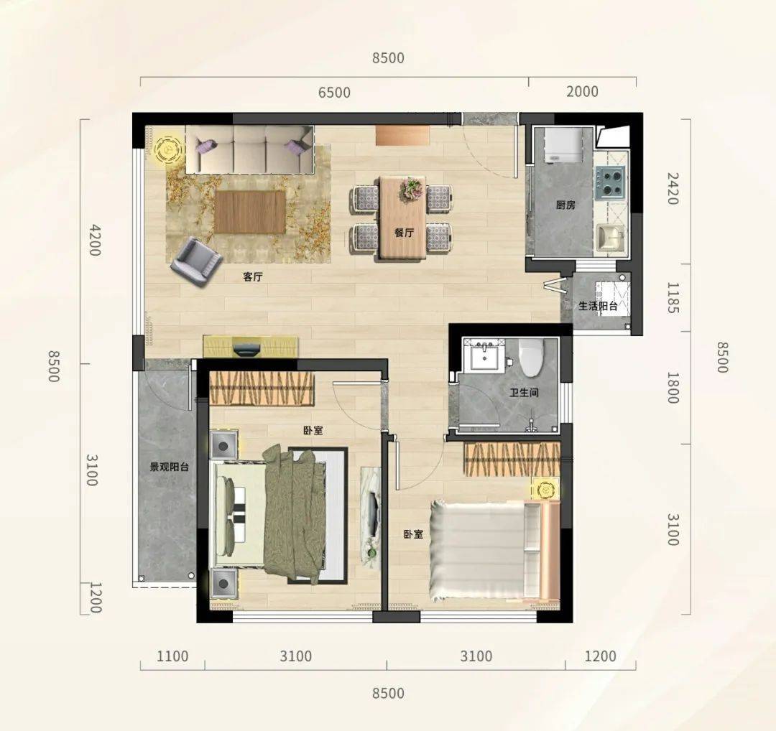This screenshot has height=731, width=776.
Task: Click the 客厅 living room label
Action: tap(252, 276)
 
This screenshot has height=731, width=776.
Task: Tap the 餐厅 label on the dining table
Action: tap(405, 233)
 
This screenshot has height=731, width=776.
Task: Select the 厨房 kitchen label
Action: tap(565, 204)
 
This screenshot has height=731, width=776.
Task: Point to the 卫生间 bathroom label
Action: tap(524, 393)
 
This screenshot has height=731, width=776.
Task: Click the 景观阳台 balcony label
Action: tap(170, 467)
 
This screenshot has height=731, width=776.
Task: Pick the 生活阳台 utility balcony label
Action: tap(598, 306)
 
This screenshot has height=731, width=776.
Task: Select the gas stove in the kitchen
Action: tap(610, 182)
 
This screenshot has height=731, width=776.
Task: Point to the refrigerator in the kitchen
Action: tap(563, 144)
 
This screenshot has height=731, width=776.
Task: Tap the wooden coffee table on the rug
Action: tap(250, 212)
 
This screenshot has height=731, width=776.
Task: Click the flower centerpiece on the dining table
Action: tap(412, 190)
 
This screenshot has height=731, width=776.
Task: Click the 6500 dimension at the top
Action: tap(335, 93)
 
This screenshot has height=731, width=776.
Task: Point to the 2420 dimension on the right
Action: tap(672, 188)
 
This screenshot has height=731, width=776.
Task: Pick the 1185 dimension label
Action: tap(672, 298)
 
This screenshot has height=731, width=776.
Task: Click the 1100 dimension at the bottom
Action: tap(172, 656)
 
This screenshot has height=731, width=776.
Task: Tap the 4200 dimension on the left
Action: tap(94, 241)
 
